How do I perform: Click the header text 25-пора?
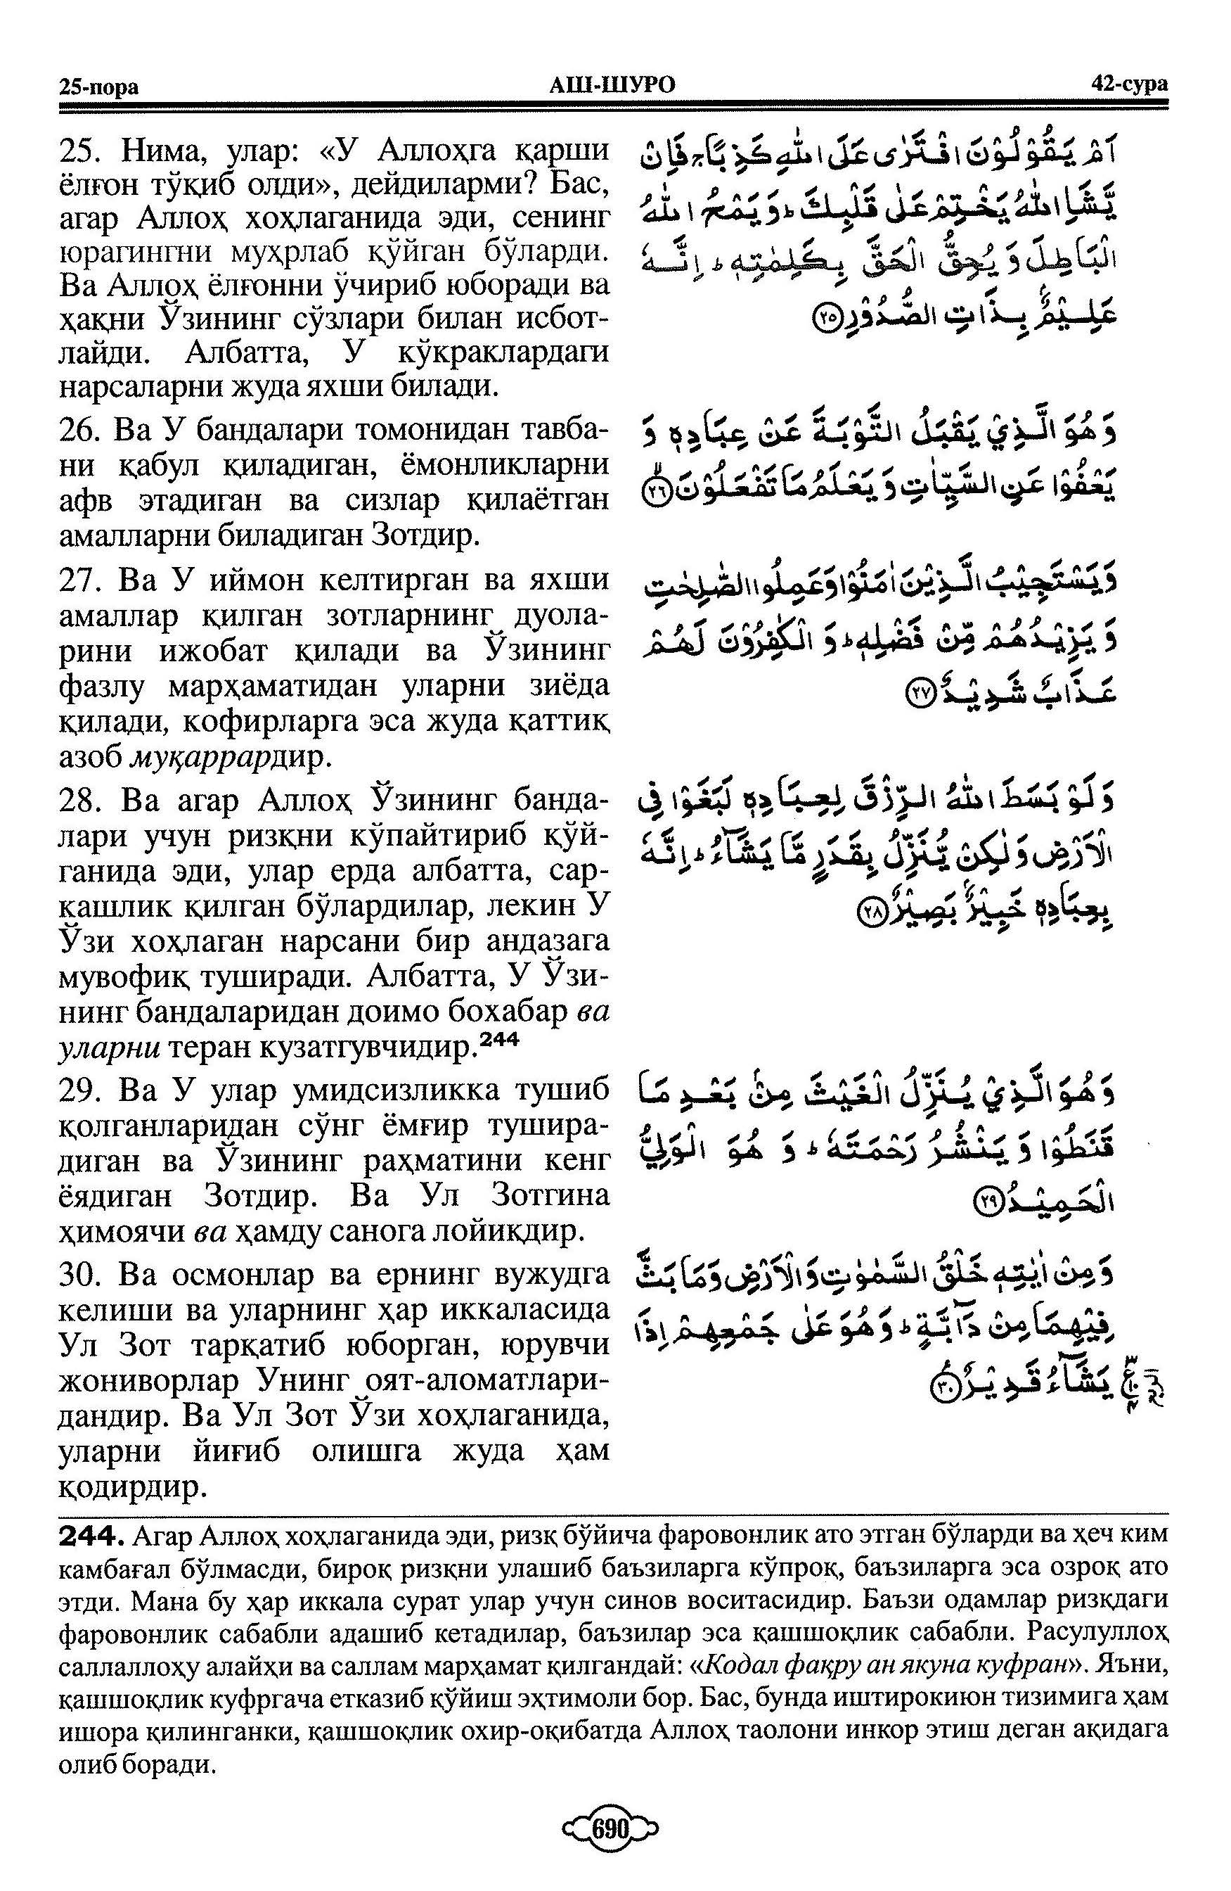tap(98, 87)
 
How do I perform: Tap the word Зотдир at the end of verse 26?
tap(424, 538)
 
